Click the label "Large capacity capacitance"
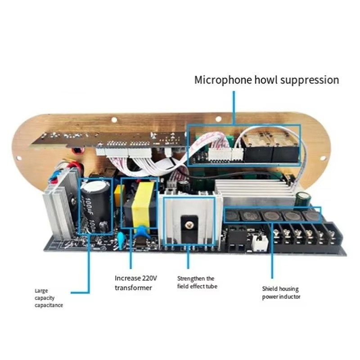pos(49,298)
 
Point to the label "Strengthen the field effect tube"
pos(196,282)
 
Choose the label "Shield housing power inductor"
pos(281,292)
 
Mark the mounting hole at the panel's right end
pos(322,157)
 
